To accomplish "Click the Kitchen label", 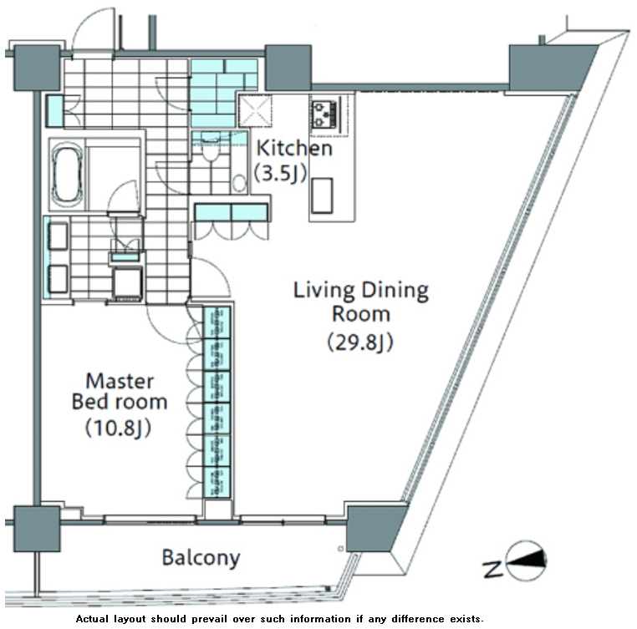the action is [294, 148].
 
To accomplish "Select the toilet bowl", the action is [211, 150].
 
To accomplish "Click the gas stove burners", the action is [324, 114].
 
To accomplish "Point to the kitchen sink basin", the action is [322, 195].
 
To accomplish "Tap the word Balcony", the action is [201, 558].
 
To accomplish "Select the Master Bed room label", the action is [120, 392].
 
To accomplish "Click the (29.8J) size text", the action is [360, 342].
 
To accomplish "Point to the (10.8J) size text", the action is [118, 428].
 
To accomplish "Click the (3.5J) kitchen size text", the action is [280, 174].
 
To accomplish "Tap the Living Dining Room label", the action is [361, 302].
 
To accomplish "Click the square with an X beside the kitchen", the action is [255, 110].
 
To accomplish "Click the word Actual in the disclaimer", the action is [92, 619].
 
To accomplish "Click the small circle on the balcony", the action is [340, 549].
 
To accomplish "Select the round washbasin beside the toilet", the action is [240, 183].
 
